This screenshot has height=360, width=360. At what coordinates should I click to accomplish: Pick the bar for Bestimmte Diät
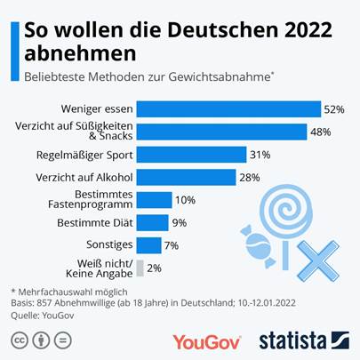[152, 222]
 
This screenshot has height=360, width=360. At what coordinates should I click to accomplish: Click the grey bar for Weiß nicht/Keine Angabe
[140, 267]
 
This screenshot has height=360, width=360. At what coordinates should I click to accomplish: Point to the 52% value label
[334, 108]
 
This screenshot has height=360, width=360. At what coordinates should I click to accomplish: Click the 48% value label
[320, 132]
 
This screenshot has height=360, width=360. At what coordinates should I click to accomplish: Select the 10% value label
[185, 200]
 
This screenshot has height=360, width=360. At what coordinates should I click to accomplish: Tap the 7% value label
[173, 244]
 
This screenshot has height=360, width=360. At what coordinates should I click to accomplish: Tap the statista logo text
[292, 340]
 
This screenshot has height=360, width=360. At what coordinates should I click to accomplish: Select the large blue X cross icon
[315, 258]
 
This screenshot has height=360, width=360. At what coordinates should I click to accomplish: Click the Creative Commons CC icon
[18, 340]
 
